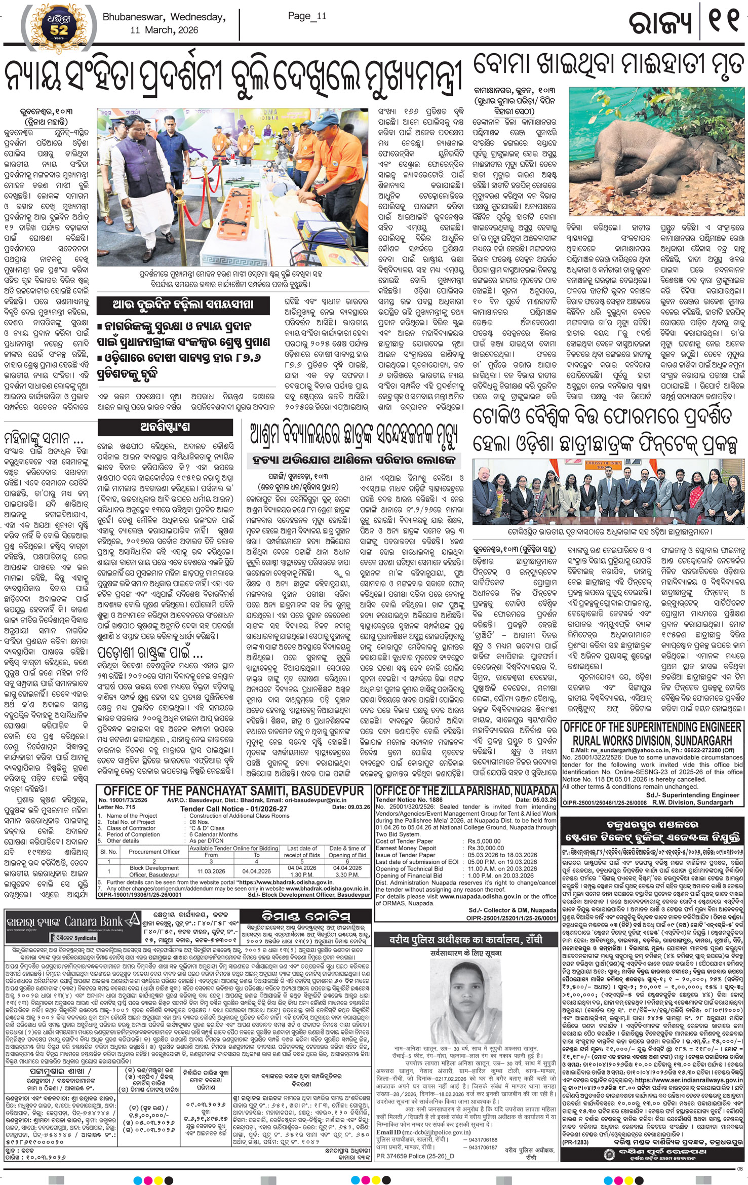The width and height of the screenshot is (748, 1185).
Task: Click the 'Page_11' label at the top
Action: pos(307,16)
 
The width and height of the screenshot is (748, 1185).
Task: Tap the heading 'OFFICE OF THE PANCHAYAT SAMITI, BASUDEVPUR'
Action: pos(233,791)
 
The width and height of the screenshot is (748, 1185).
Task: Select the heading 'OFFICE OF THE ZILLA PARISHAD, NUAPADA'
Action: pos(466,791)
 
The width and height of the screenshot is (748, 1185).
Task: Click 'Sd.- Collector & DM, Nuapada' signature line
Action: pos(512,910)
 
